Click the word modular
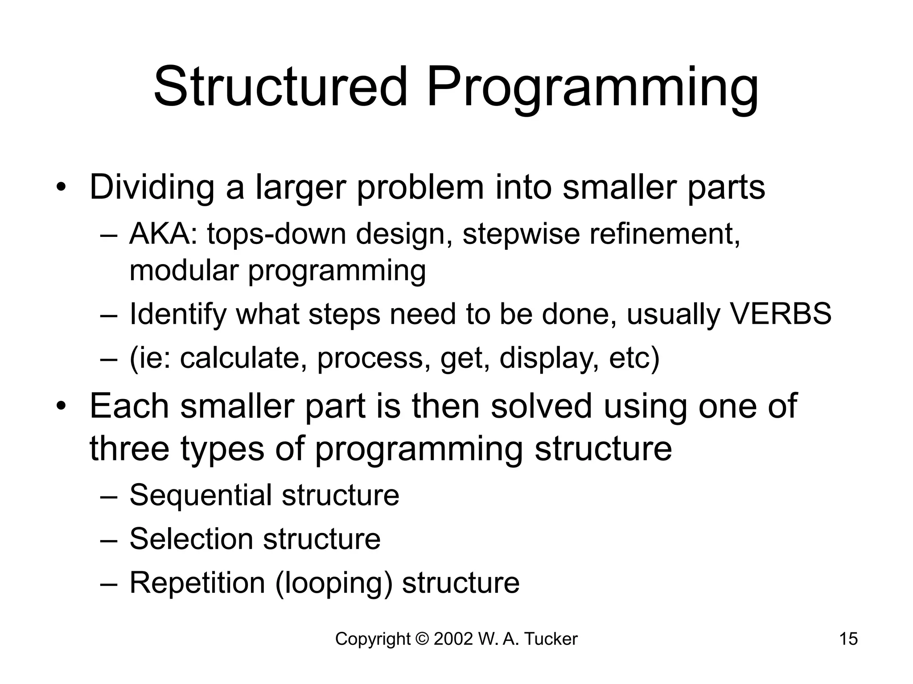tap(183, 270)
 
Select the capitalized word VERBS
tap(780, 314)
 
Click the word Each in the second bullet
tap(129, 406)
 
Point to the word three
tap(129, 448)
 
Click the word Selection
tap(191, 539)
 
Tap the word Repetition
tap(197, 582)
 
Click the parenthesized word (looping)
tap(333, 582)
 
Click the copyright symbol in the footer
tap(421, 639)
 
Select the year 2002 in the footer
tap(453, 639)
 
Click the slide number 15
tap(848, 639)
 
